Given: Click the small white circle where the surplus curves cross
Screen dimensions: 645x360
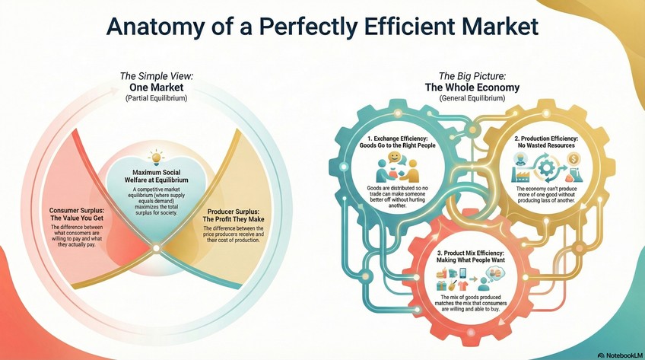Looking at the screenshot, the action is coord(155,247).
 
